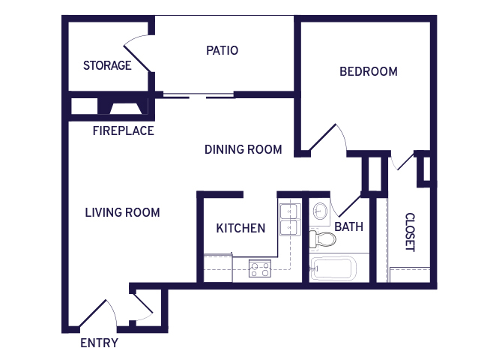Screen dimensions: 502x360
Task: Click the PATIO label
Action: click(x=223, y=50)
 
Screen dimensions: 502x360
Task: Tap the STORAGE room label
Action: click(x=107, y=65)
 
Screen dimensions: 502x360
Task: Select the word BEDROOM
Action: click(x=369, y=71)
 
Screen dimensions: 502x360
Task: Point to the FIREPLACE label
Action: click(x=124, y=130)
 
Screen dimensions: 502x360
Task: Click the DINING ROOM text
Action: click(x=244, y=149)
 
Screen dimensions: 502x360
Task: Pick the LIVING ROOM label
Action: click(x=122, y=212)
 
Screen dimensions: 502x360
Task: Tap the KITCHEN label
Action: click(x=241, y=228)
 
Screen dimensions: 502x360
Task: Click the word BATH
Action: click(x=349, y=227)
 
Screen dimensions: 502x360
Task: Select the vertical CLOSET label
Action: click(x=410, y=232)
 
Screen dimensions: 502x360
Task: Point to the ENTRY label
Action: click(x=99, y=343)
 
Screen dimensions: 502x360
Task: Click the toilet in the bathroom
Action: click(x=322, y=239)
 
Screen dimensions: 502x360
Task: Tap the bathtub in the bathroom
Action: click(x=333, y=268)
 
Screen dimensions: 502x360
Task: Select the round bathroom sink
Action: click(x=320, y=211)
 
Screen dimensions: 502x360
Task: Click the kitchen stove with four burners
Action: click(x=260, y=268)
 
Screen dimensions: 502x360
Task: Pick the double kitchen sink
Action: click(x=289, y=220)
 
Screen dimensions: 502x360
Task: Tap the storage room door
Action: click(x=137, y=54)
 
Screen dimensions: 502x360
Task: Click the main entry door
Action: click(x=97, y=314)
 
